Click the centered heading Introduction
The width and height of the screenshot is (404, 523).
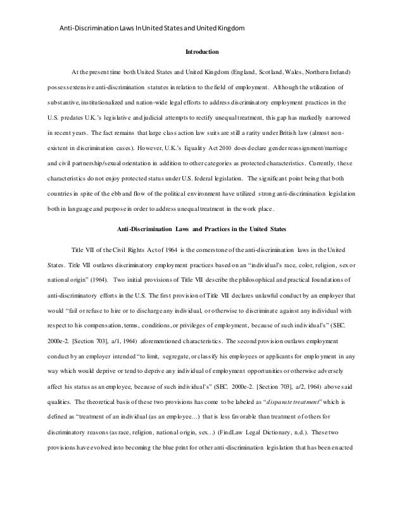[201, 51]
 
